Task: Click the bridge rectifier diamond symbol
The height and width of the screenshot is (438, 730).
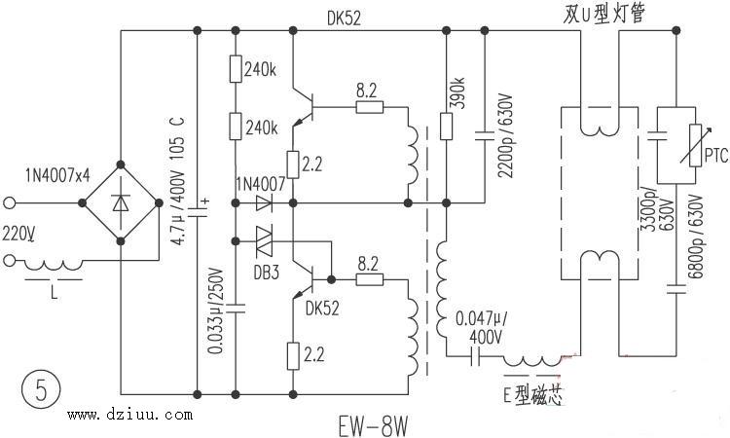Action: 121,203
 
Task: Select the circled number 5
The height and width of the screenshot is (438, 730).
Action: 39,391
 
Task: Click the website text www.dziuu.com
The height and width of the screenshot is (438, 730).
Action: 130,417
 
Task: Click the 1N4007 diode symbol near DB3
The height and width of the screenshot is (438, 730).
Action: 263,203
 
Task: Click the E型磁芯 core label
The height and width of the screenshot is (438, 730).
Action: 534,396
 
